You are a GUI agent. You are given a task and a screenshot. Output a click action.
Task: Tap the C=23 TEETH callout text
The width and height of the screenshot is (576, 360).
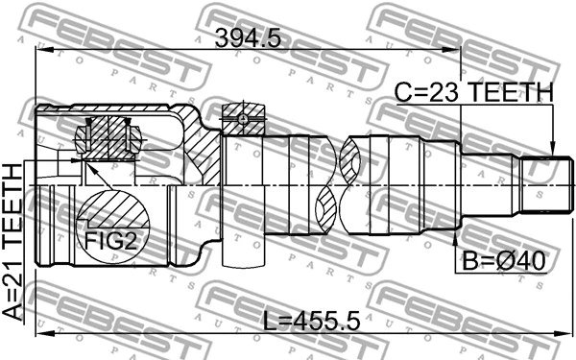coord(475,92)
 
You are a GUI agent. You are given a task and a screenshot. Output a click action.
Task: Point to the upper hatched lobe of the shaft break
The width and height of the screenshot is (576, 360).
coord(353,155)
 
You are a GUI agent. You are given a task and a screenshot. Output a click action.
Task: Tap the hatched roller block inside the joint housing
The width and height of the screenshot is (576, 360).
coord(108,135)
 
